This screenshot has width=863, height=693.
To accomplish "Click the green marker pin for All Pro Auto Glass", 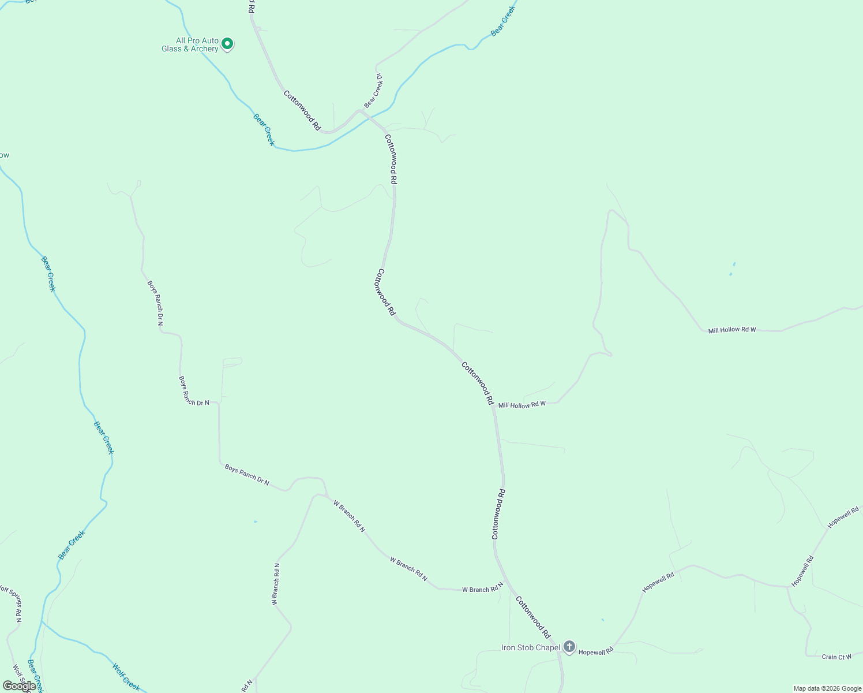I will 227,43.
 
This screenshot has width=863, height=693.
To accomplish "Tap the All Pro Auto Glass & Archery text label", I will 190,45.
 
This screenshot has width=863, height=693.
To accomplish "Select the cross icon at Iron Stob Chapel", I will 569,647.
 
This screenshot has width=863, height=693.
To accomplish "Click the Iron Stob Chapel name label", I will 530,647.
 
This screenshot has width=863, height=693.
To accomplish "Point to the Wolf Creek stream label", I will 126,677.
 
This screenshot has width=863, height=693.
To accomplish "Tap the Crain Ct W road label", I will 836,657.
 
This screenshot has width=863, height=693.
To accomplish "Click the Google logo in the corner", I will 19,686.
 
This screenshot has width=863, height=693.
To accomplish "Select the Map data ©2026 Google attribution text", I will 827,688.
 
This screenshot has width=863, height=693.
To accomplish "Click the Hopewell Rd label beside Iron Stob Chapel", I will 595,651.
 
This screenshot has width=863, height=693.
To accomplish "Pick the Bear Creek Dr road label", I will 374,91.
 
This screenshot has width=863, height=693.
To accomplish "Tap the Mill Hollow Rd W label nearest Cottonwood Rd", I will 521,405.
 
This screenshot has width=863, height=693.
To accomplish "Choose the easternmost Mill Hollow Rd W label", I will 731,330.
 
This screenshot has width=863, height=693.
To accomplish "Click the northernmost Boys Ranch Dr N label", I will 155,303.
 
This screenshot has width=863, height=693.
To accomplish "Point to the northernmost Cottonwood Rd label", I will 302,110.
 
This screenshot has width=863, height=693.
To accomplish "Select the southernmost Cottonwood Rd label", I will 533,617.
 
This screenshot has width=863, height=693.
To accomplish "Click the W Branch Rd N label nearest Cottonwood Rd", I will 482,590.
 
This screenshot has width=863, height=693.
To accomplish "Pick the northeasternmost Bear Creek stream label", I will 502,23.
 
